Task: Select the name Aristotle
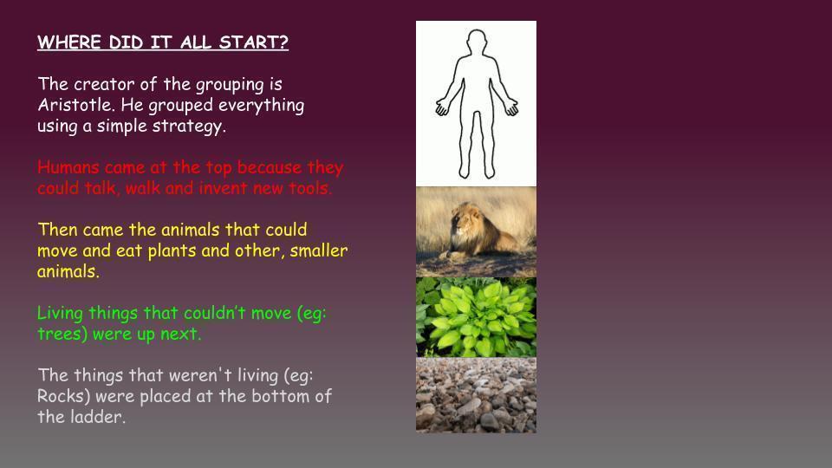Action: click(75, 105)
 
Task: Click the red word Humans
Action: click(68, 167)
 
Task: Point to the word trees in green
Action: click(62, 334)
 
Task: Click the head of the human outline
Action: click(477, 42)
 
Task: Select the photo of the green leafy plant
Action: click(476, 317)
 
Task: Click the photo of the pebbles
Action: click(476, 395)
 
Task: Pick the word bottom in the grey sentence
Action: click(279, 396)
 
